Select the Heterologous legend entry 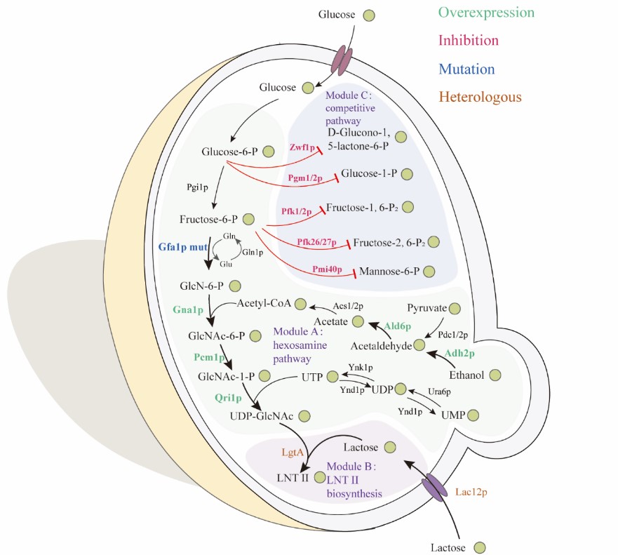click(480, 97)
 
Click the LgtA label click(293, 453)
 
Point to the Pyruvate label click(427, 307)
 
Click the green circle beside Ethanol click(496, 375)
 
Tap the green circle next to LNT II click(321, 477)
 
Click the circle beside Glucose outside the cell click(368, 15)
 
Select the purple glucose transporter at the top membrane click(342, 60)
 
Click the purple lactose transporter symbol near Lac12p click(433, 488)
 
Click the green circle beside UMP click(473, 416)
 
